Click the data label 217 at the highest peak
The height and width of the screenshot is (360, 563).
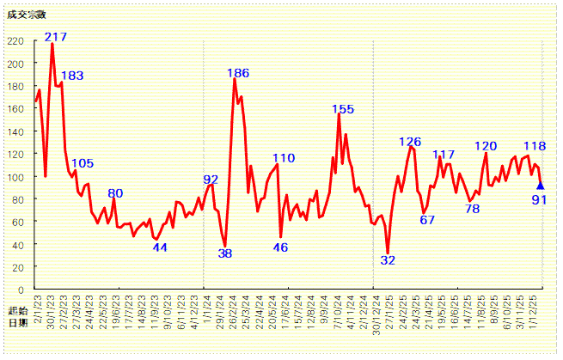(56, 37)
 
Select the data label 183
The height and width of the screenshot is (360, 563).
(72, 76)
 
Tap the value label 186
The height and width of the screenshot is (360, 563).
(238, 73)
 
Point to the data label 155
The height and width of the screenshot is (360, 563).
(343, 109)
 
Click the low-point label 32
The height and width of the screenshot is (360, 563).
(388, 260)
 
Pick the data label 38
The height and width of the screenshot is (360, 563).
(225, 253)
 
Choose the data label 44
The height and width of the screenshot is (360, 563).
(160, 247)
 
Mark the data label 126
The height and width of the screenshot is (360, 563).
(410, 142)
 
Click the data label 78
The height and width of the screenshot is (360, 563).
(472, 208)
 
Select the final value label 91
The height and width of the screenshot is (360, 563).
(540, 200)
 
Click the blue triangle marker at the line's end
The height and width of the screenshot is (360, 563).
(540, 185)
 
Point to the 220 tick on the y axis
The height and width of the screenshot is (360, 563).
(15, 41)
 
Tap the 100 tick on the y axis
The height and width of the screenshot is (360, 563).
(15, 176)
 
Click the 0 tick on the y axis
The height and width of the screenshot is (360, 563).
(21, 289)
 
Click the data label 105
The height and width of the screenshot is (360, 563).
(83, 163)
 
